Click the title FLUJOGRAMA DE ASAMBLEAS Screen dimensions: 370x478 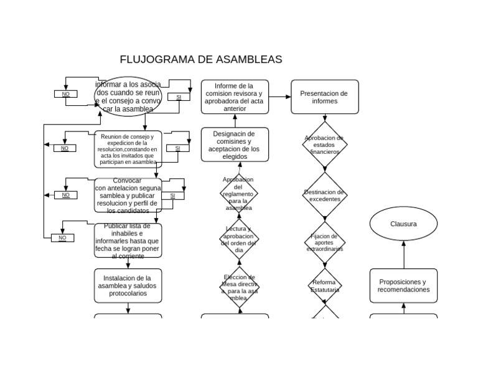[x=200, y=60]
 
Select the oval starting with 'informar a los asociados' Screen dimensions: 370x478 [x=128, y=97]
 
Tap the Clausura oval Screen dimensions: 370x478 [x=403, y=224]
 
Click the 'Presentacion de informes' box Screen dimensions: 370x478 [x=324, y=97]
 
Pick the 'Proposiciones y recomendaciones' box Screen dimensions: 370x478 [x=403, y=286]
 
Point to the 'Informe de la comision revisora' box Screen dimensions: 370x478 [x=235, y=97]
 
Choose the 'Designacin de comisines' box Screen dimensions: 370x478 [x=235, y=145]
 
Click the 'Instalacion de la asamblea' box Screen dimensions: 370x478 [x=128, y=286]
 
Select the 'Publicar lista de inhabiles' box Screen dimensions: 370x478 [x=128, y=240]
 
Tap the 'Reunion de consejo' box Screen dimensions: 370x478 [x=128, y=149]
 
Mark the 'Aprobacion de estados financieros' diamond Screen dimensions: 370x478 [x=324, y=145]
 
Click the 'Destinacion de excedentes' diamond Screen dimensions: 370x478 [x=324, y=196]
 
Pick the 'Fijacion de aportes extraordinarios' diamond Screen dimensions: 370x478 [x=324, y=242]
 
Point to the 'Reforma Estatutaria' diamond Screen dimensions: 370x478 [x=324, y=286]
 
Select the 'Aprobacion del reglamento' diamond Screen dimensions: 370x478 [x=239, y=194]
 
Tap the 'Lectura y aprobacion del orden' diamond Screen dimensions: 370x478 [x=239, y=239]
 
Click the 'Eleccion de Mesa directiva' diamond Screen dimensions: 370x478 [x=239, y=287]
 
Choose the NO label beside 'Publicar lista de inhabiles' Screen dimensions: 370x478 [x=62, y=238]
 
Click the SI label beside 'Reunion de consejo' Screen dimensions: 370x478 [x=177, y=148]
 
